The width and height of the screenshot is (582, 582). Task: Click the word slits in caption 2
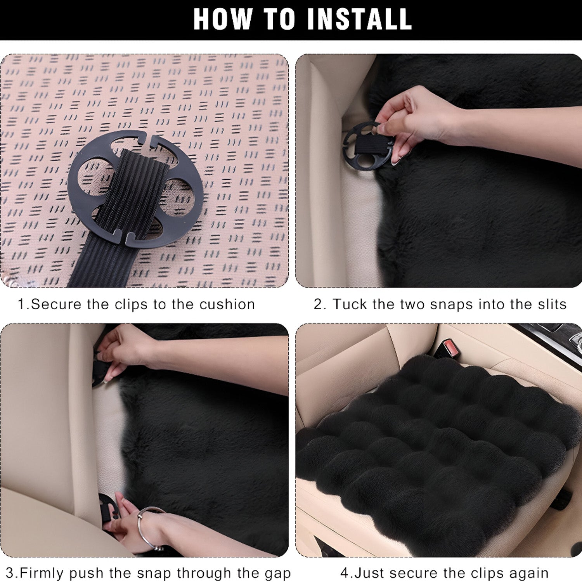click(x=552, y=304)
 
